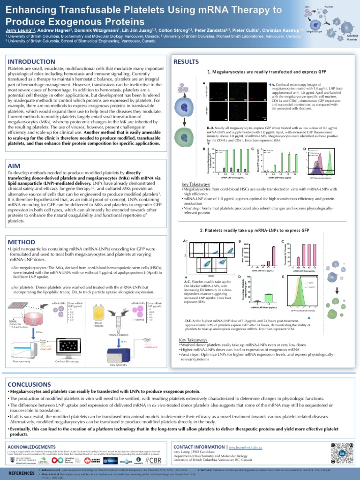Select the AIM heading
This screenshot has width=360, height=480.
tap(15, 166)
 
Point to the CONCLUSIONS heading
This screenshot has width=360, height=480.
tap(31, 384)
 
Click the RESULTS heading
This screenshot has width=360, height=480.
tap(187, 62)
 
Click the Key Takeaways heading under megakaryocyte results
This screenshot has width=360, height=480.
tap(195, 185)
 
